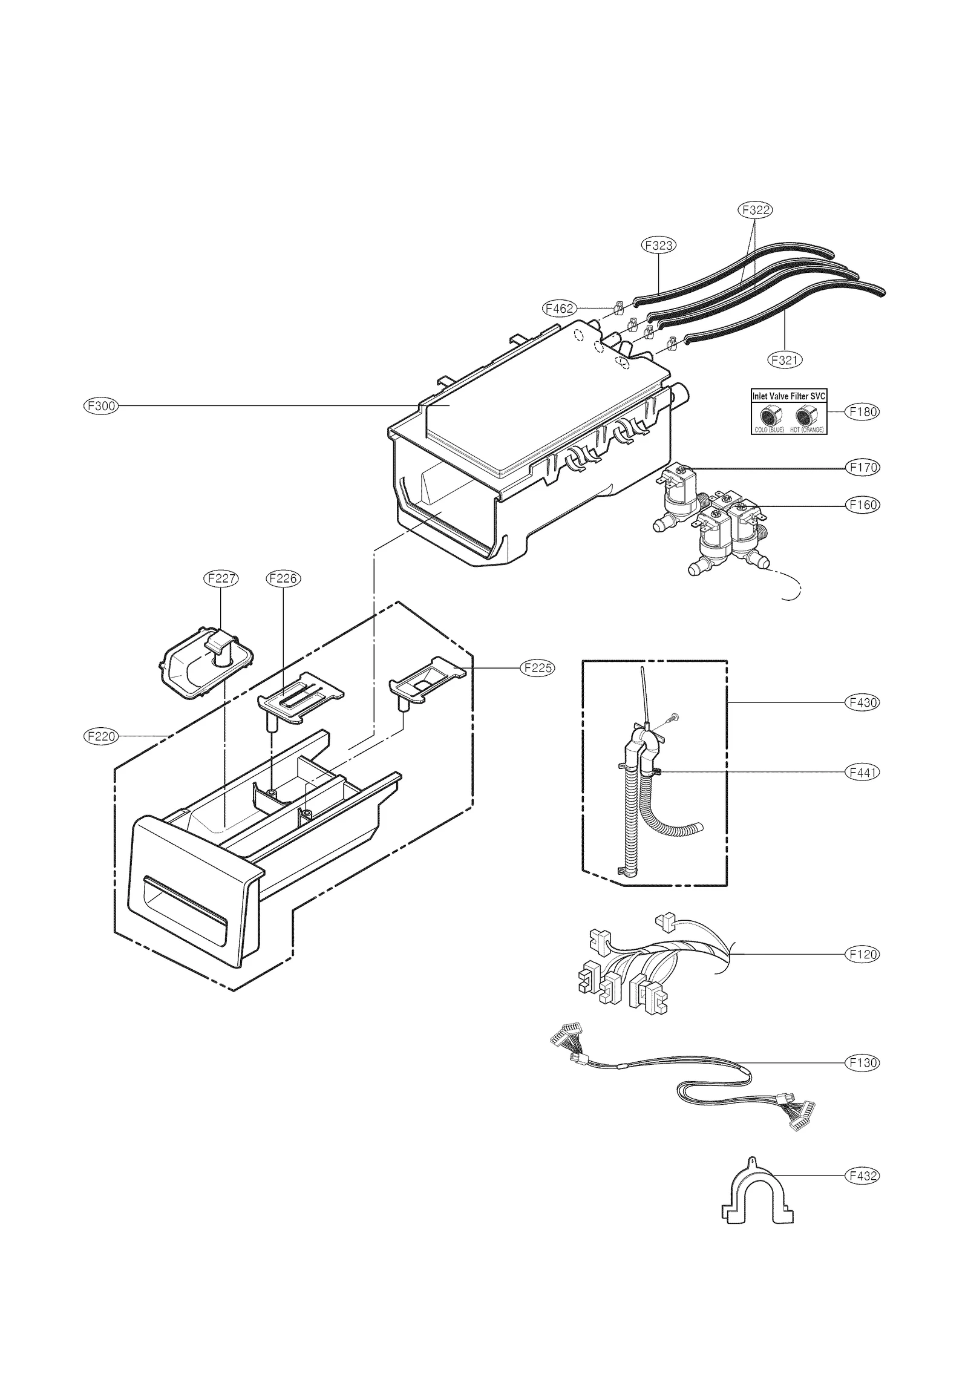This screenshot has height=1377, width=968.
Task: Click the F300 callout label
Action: [x=100, y=406]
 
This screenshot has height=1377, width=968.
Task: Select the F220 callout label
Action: [x=100, y=736]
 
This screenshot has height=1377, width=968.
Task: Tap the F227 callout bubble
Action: [x=220, y=578]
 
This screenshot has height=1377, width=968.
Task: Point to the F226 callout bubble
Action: [x=283, y=578]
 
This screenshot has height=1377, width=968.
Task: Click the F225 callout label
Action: [x=537, y=668]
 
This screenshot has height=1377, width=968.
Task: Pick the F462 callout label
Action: [x=558, y=309]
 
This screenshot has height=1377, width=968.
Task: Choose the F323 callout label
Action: [x=658, y=245]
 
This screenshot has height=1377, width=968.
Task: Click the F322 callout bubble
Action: [x=755, y=210]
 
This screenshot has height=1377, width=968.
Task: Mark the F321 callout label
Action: [x=785, y=360]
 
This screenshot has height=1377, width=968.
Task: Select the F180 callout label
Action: [x=862, y=412]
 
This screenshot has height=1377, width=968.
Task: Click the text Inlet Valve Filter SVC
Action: [x=788, y=396]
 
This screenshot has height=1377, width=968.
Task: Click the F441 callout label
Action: [x=862, y=773]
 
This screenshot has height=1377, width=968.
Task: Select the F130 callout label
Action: [x=862, y=1063]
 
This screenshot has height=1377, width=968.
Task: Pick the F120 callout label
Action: [x=862, y=954]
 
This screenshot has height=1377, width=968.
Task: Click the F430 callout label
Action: [x=862, y=702]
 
